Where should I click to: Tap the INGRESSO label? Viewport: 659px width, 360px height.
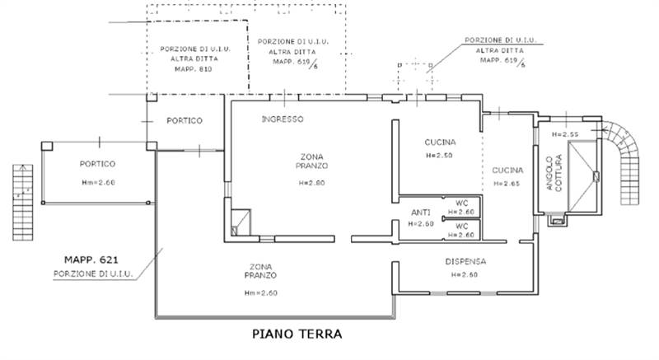coord(283,119)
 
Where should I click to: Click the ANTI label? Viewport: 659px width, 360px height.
coord(421,213)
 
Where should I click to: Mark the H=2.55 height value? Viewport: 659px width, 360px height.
coord(566,134)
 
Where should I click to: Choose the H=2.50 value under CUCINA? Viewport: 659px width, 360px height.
coord(441,155)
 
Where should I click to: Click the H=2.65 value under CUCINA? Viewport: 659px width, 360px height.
coord(506,184)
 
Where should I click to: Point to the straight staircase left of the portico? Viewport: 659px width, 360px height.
coord(21,202)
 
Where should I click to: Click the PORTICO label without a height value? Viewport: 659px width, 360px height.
coord(185,121)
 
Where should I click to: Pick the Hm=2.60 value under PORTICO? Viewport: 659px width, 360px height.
coord(97,183)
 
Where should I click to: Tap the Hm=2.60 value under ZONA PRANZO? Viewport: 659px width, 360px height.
coord(259,292)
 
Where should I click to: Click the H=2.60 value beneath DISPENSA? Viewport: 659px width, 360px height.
coord(465,274)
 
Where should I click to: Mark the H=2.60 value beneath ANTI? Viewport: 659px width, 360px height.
coord(421,223)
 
